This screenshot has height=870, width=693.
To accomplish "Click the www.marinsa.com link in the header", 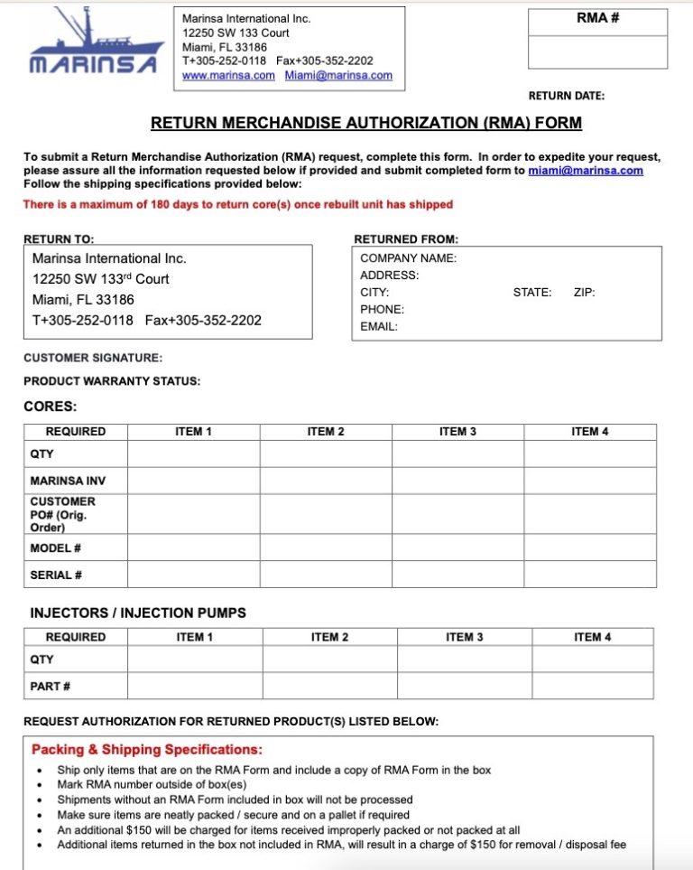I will (x=228, y=76).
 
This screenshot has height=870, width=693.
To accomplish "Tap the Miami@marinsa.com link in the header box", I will (x=338, y=76).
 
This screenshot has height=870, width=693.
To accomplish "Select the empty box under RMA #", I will (x=597, y=52).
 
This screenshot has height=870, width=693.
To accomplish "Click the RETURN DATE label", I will (x=566, y=96).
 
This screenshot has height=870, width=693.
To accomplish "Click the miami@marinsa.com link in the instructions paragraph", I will (x=585, y=171).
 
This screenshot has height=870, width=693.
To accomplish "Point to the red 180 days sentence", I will (x=237, y=204).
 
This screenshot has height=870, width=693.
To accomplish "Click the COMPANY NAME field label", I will (x=408, y=258).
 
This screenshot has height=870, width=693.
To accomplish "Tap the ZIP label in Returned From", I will (x=584, y=293).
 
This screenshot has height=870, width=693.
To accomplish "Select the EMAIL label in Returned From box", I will (x=378, y=327).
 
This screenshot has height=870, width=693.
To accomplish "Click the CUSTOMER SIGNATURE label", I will (x=93, y=358).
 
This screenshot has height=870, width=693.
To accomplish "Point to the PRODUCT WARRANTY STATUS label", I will (x=112, y=381).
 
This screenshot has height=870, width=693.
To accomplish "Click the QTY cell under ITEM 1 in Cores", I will (x=193, y=454).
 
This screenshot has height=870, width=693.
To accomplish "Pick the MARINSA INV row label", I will (x=68, y=481).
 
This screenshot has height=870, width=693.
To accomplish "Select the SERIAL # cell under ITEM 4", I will (x=589, y=575).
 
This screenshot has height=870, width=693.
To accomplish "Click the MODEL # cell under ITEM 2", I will (x=326, y=547).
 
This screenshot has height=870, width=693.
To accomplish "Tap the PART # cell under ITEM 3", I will (x=464, y=686).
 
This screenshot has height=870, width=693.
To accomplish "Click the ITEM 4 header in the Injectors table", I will (x=592, y=637).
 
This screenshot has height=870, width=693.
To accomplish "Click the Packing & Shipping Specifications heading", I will (x=147, y=750).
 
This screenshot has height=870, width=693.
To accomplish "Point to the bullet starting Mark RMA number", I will (x=133, y=784).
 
